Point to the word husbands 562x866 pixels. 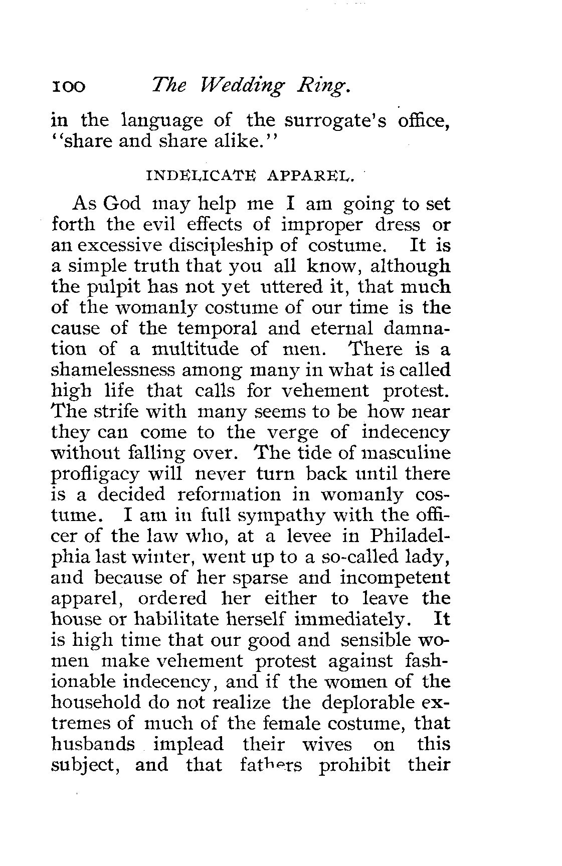(93, 745)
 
